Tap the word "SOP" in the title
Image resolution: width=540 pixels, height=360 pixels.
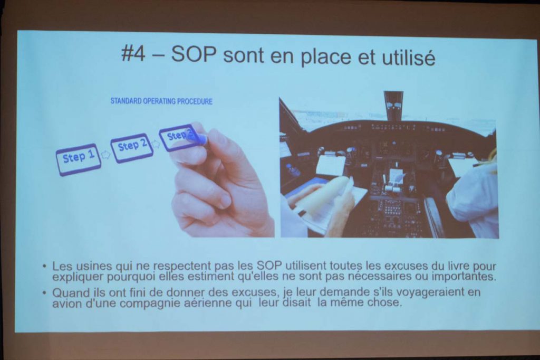tap(194, 54)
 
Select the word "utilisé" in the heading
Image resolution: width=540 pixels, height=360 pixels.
tap(409, 56)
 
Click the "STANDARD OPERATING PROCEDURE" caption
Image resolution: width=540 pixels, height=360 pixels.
tap(161, 101)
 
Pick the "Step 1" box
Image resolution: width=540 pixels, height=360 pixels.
tap(79, 159)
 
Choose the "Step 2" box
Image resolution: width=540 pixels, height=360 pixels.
tap(132, 148)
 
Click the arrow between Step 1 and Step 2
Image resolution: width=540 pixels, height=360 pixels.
tap(105, 155)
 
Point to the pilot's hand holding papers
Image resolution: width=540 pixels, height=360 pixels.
tap(339, 210)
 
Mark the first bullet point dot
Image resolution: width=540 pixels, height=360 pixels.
tap(44, 266)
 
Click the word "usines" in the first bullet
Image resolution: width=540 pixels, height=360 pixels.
tap(93, 266)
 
